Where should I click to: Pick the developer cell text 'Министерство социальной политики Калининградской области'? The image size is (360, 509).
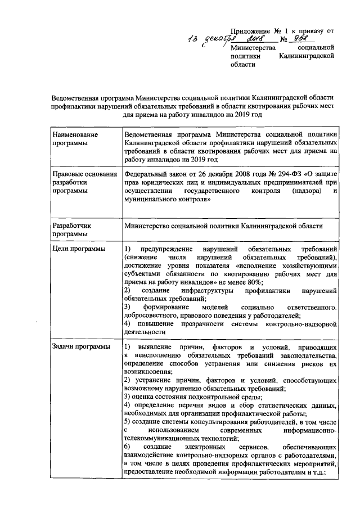click(x=224, y=226)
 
